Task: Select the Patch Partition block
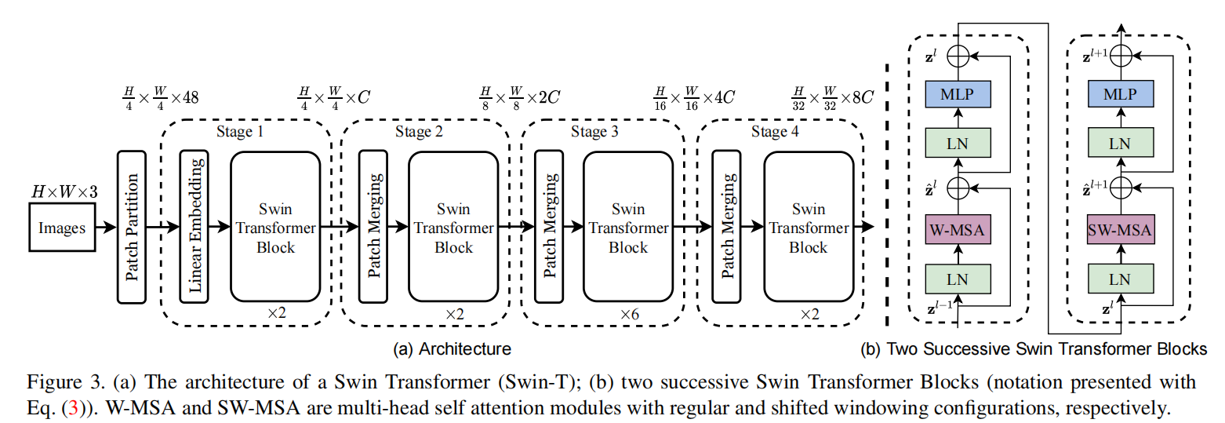pyautogui.click(x=132, y=227)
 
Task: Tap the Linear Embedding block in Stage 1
pyautogui.click(x=194, y=227)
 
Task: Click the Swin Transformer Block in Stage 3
pyautogui.click(x=628, y=227)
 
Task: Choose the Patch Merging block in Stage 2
pyautogui.click(x=374, y=227)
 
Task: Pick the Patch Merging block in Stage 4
pyautogui.click(x=727, y=227)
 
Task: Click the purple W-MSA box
pyautogui.click(x=957, y=230)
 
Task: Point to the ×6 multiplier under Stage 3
pyautogui.click(x=629, y=314)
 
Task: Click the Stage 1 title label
pyautogui.click(x=239, y=132)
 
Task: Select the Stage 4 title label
pyautogui.click(x=774, y=132)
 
